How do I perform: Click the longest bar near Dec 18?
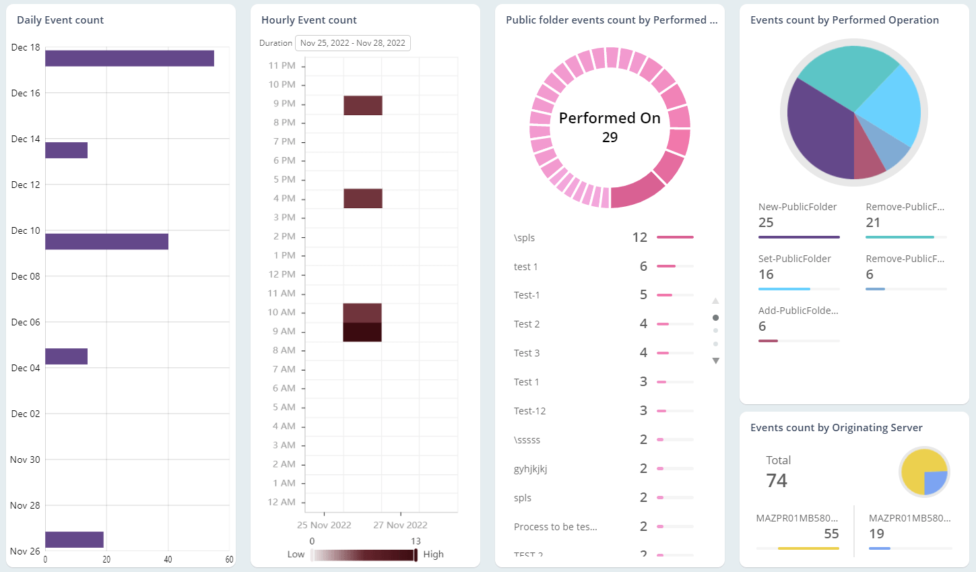(129, 59)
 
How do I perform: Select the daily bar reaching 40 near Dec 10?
(106, 242)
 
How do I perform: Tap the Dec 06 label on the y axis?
(26, 322)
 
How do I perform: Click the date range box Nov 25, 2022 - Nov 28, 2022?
(352, 43)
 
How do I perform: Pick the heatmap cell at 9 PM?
(363, 105)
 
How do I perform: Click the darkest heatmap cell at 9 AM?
(362, 332)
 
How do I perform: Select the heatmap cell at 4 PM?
(363, 198)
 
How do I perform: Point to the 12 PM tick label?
(282, 274)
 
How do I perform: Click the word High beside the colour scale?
(433, 554)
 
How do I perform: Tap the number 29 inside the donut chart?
(610, 137)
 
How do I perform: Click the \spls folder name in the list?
(524, 238)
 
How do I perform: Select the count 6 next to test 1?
(643, 267)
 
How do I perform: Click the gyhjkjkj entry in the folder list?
(530, 469)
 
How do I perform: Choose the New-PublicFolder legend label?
(798, 207)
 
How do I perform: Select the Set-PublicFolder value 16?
(766, 275)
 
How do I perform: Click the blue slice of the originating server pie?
(935, 482)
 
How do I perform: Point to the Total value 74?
(777, 480)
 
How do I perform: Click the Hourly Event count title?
(309, 20)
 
